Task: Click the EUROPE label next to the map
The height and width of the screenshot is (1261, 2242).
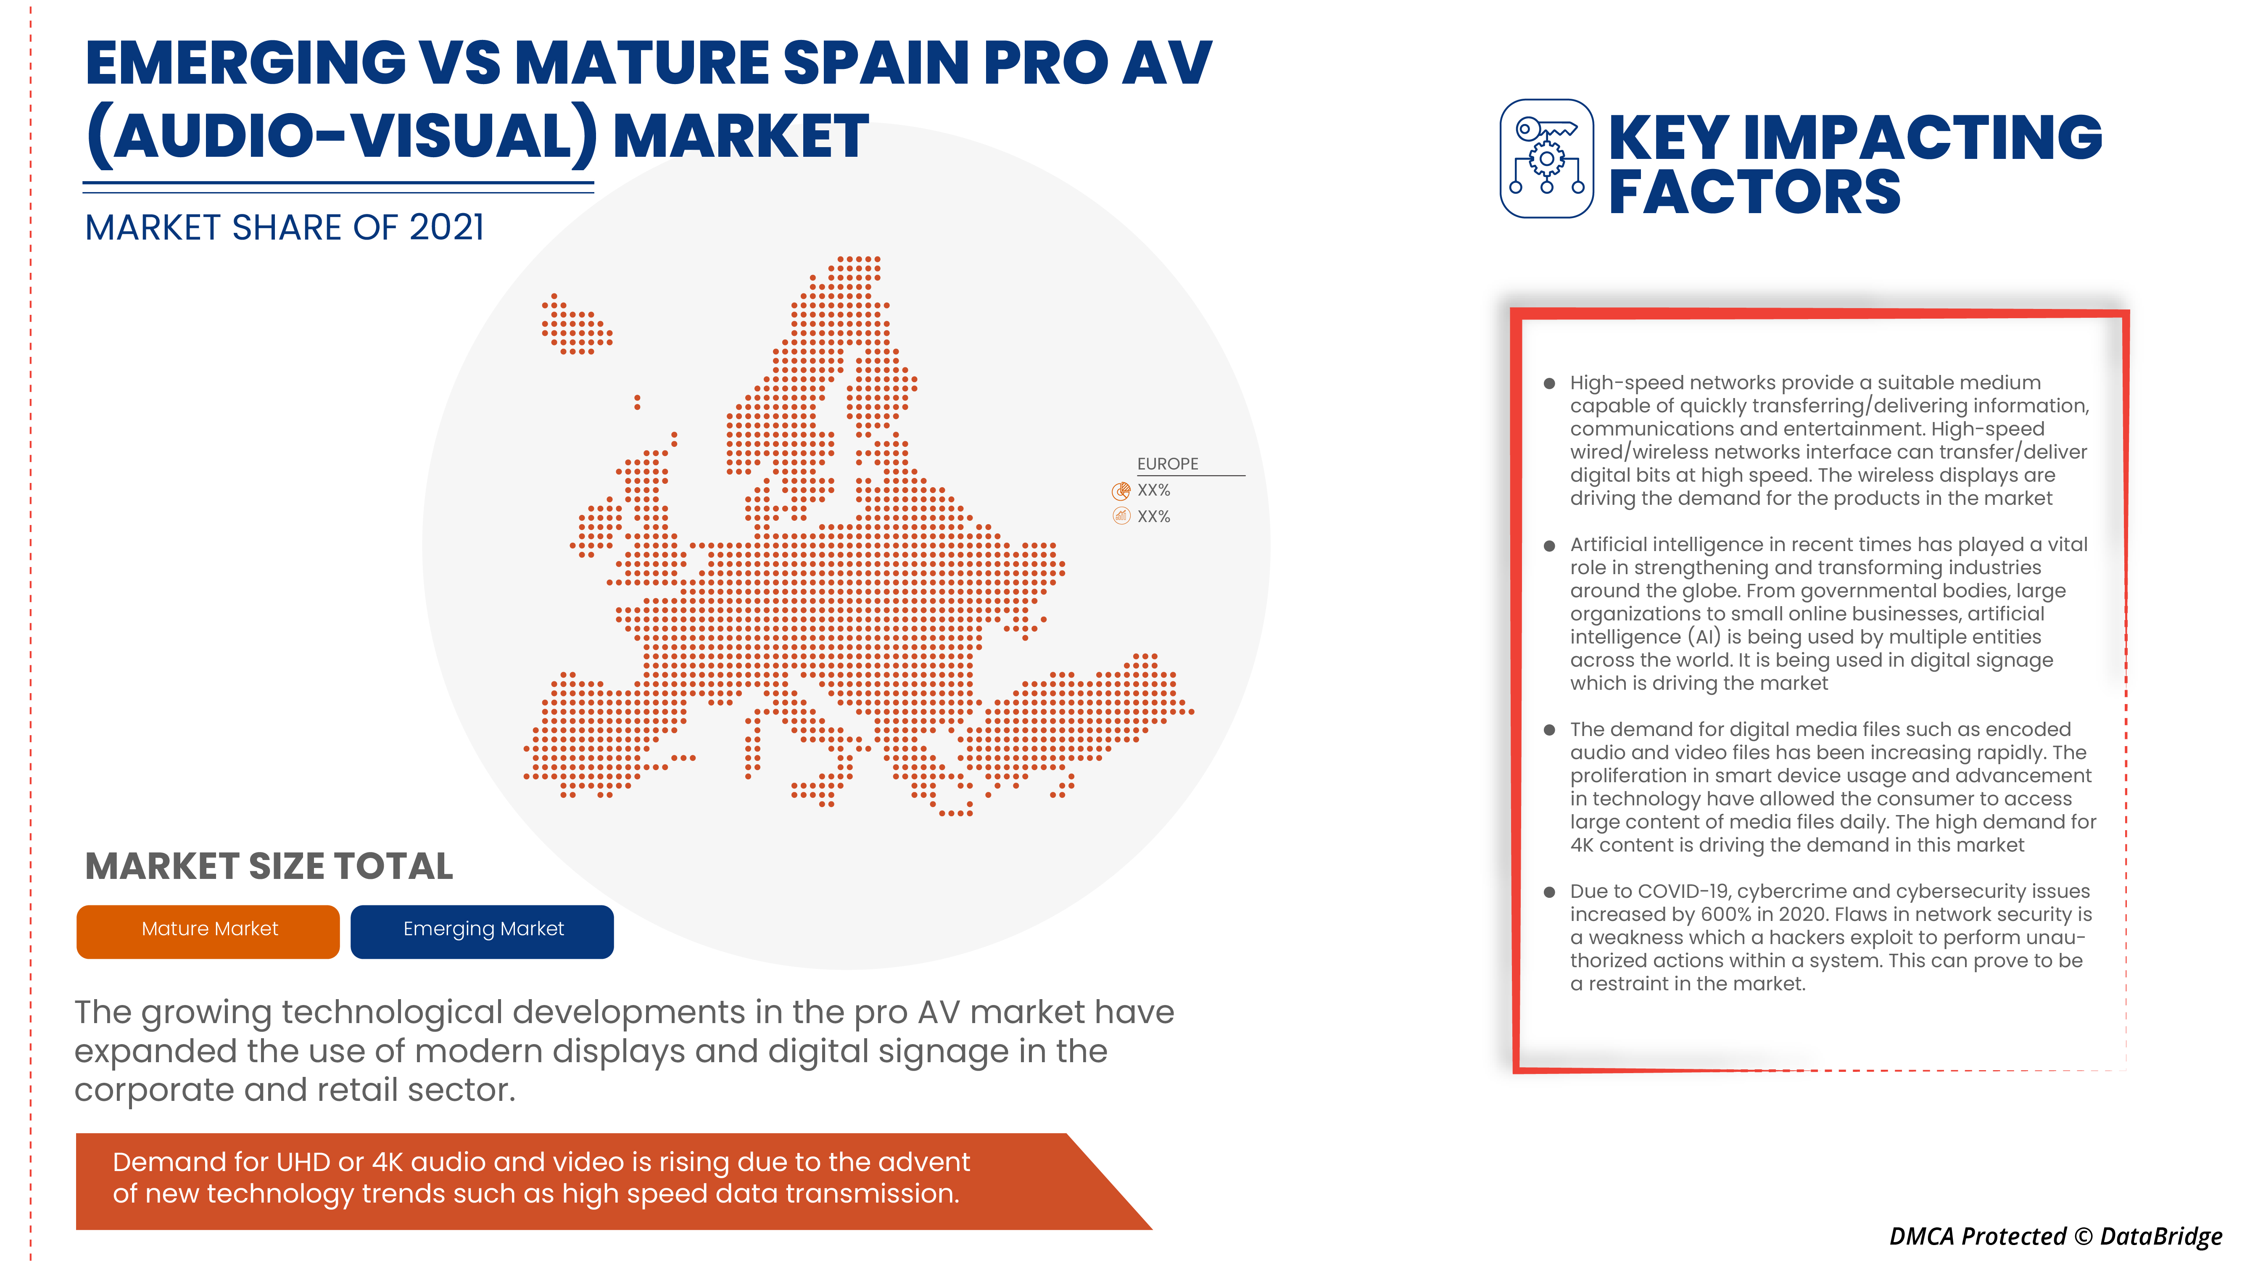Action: pyautogui.click(x=1167, y=464)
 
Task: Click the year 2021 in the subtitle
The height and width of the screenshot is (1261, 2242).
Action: pyautogui.click(x=446, y=228)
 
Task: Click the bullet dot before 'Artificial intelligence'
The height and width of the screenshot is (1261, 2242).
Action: pyautogui.click(x=1549, y=546)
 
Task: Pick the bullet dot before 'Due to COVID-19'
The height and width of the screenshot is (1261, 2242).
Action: pyautogui.click(x=1549, y=892)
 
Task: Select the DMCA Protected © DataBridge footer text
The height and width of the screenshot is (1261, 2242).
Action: pyautogui.click(x=2055, y=1236)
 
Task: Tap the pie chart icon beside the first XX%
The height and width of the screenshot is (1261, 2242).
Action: pyautogui.click(x=1121, y=491)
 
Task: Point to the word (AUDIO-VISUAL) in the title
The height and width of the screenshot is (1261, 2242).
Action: pyautogui.click(x=341, y=137)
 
